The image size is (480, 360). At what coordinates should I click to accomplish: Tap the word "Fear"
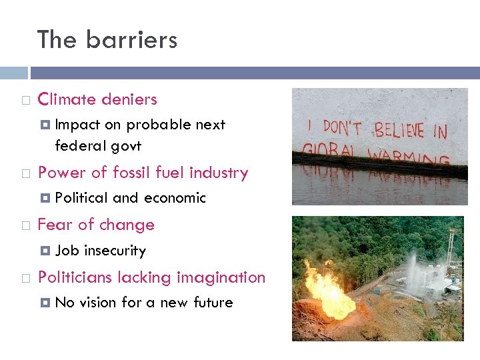pyautogui.click(x=53, y=225)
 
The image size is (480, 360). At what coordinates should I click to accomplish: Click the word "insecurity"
pyautogui.click(x=115, y=251)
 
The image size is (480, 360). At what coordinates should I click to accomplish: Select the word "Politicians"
pyautogui.click(x=75, y=277)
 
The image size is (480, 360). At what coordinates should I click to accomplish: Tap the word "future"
pyautogui.click(x=213, y=303)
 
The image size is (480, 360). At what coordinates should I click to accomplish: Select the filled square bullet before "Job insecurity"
pyautogui.click(x=45, y=251)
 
